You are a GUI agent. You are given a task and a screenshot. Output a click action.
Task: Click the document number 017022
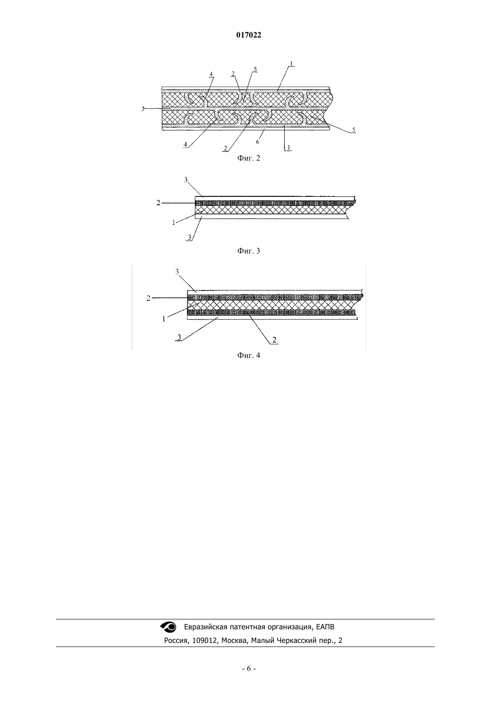point(249,35)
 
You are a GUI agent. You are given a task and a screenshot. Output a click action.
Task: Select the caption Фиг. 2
point(249,158)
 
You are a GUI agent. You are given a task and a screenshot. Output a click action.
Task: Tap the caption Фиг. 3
point(249,251)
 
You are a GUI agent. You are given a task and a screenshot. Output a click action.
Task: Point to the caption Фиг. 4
point(249,356)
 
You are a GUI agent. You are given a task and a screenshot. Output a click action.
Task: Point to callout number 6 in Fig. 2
point(258,142)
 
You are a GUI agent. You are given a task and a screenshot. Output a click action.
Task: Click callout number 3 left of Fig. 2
point(143,109)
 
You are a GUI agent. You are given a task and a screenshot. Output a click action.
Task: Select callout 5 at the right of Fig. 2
point(354,130)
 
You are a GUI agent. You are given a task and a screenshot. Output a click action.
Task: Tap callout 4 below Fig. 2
point(185,145)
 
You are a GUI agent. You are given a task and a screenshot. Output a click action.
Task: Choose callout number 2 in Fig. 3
point(158,203)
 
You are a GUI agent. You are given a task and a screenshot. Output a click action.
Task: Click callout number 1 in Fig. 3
point(173,223)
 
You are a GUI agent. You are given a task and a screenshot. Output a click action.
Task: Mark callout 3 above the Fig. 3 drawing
point(186,180)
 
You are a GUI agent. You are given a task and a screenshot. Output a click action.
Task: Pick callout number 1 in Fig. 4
point(164,319)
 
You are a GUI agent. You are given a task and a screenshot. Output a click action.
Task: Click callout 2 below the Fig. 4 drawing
point(274,340)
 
